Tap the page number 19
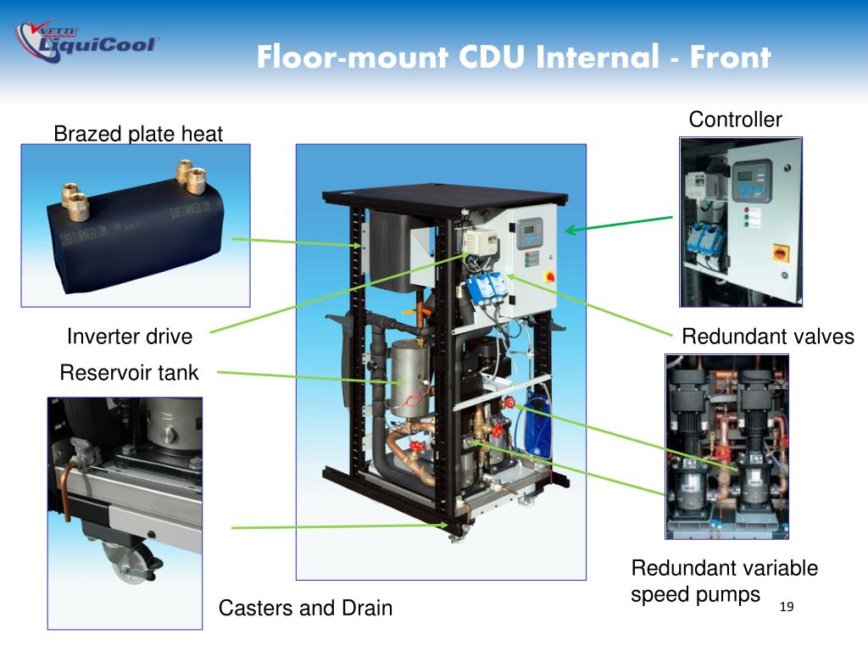point(787,607)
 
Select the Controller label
point(735,120)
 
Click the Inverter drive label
point(130,337)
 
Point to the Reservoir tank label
point(129,373)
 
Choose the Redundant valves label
point(768,337)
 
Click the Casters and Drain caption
point(305,608)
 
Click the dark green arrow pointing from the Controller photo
point(619,224)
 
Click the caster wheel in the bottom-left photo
point(130,561)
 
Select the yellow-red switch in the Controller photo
point(780,253)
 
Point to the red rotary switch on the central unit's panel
point(550,275)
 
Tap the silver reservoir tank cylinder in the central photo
point(409,379)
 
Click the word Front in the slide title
point(730,57)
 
